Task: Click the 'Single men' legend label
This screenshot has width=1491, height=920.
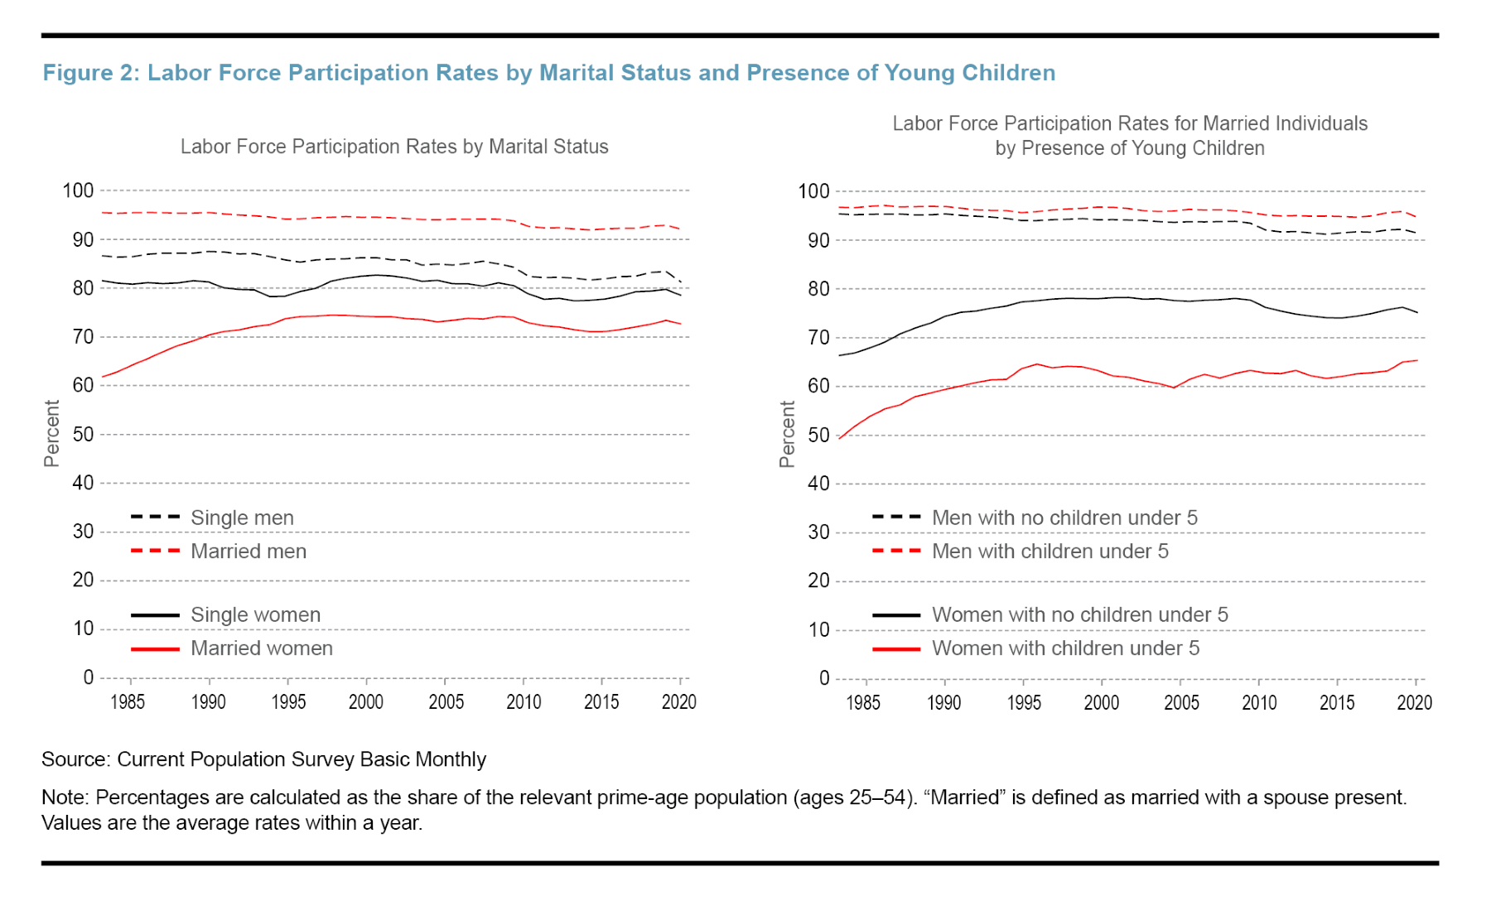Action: (242, 518)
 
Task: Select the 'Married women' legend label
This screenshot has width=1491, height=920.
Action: (262, 648)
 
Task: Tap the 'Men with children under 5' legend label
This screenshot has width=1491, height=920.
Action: (1049, 552)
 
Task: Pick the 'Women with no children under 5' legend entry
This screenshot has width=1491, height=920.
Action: (1079, 614)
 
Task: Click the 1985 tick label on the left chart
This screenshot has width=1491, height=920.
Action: (128, 702)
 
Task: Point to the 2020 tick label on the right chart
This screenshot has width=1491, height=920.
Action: (1414, 703)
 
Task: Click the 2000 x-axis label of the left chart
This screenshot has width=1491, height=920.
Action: (365, 702)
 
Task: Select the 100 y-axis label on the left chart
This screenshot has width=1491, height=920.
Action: (78, 190)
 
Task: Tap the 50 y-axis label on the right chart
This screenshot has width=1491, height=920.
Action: (818, 436)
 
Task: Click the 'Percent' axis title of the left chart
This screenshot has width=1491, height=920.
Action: (51, 433)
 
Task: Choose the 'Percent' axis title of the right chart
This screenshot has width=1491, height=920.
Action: (787, 434)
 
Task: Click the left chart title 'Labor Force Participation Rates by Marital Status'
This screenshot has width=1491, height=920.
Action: (394, 147)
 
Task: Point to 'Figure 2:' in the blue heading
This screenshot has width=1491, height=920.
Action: (91, 73)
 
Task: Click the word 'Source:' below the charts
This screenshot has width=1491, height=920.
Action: (75, 759)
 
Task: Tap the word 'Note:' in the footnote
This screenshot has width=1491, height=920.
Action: (65, 797)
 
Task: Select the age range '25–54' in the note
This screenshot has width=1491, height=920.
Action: (877, 797)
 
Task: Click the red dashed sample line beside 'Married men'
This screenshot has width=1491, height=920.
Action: (155, 552)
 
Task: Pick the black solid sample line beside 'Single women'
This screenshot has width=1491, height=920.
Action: (155, 615)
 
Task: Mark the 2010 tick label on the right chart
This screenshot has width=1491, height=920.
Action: (1259, 703)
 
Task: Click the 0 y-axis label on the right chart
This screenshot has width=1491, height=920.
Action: (824, 678)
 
